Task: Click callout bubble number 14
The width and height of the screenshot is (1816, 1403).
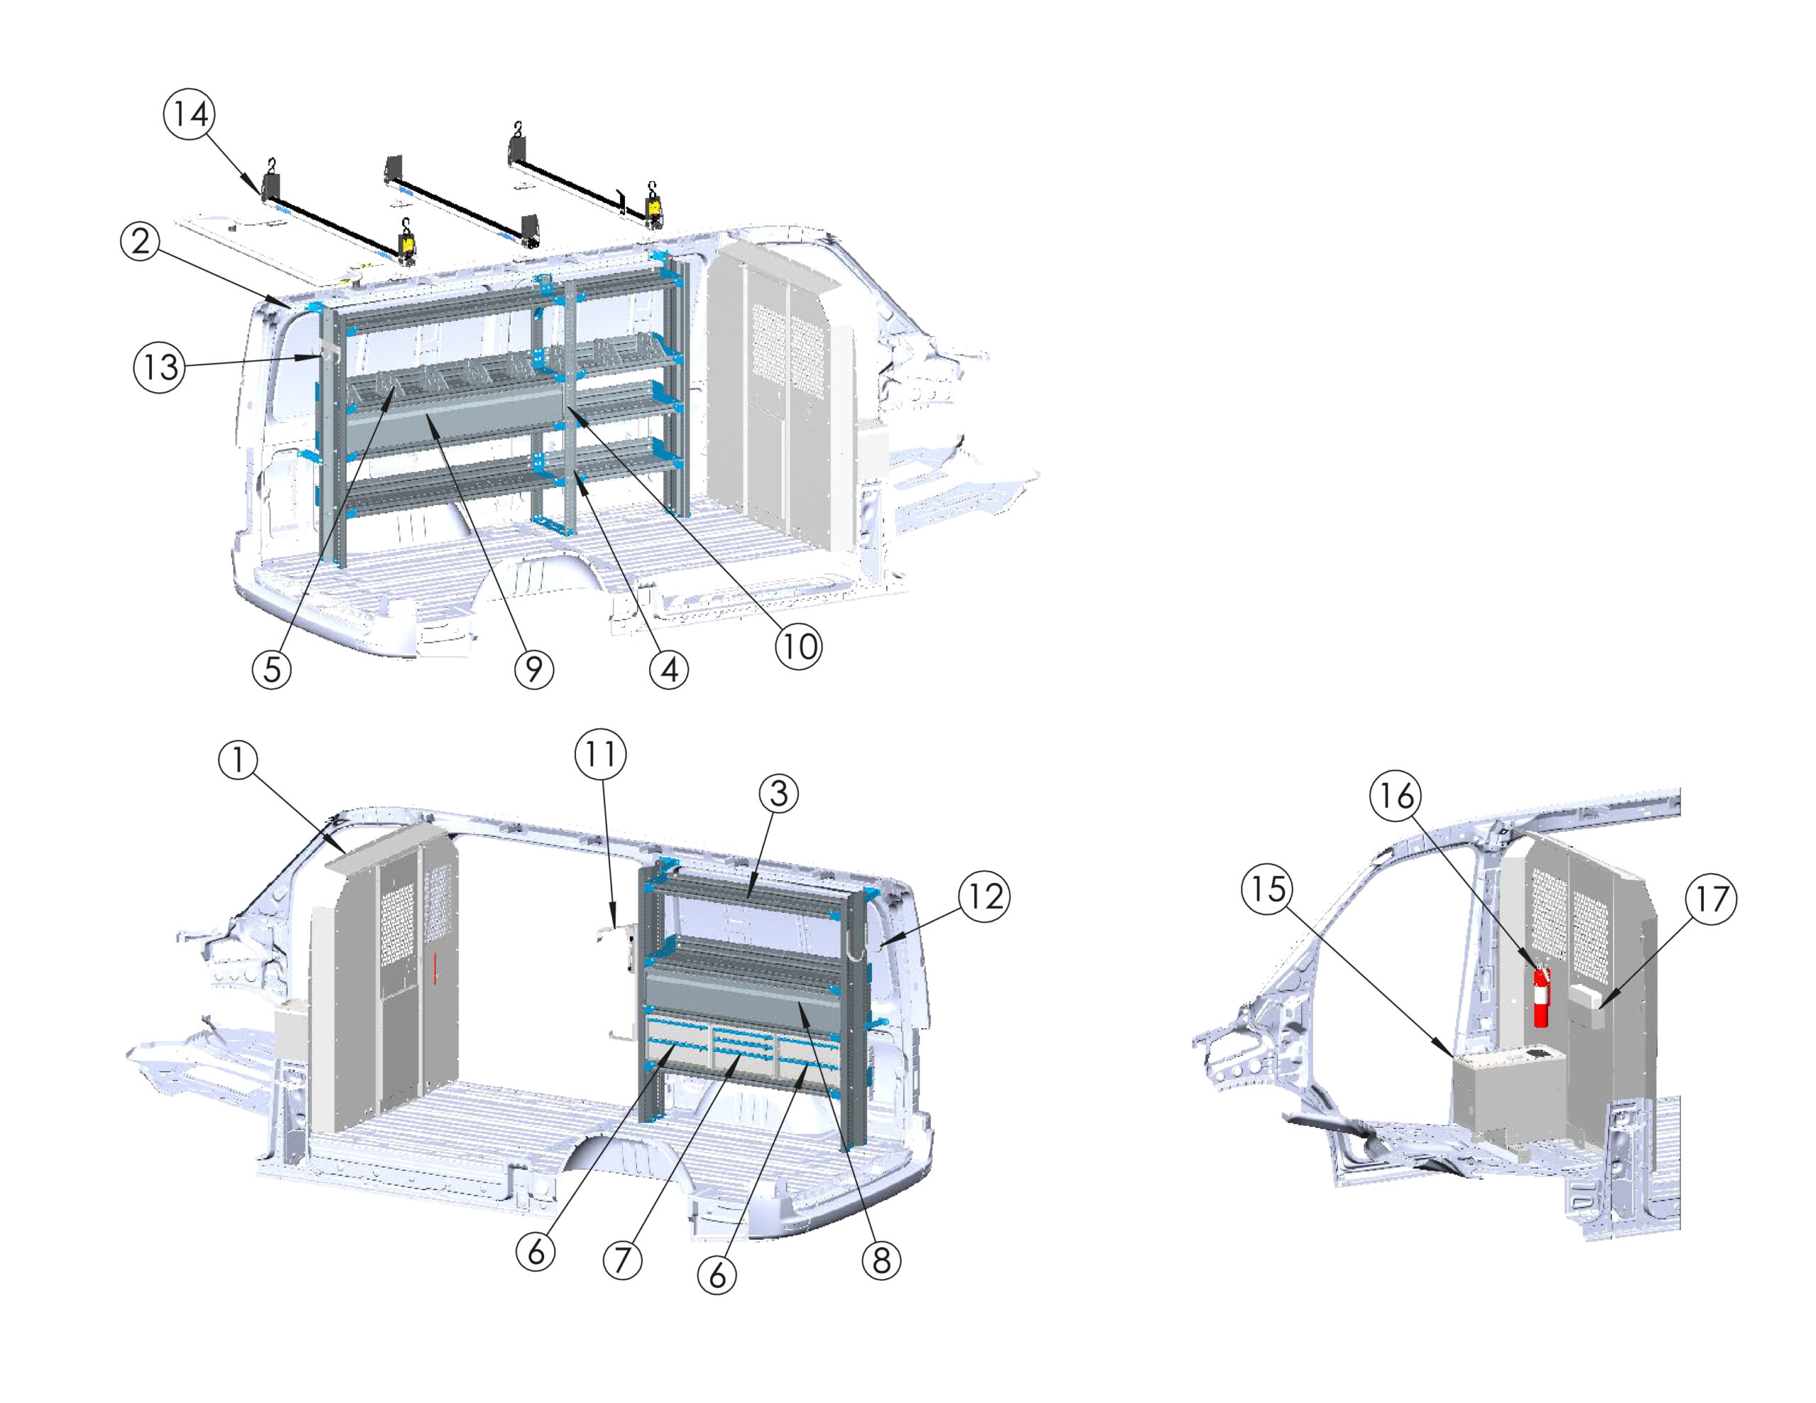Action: pyautogui.click(x=189, y=114)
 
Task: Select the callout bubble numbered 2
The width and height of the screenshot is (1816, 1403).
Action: pyautogui.click(x=140, y=241)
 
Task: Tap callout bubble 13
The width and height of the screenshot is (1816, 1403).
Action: pyautogui.click(x=160, y=367)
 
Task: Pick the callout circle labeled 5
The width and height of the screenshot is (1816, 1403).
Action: pyautogui.click(x=272, y=669)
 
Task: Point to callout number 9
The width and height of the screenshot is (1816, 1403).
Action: pyautogui.click(x=534, y=669)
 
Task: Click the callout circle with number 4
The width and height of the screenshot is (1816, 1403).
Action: pyautogui.click(x=670, y=669)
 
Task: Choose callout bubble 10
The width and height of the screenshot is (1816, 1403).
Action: pyautogui.click(x=799, y=646)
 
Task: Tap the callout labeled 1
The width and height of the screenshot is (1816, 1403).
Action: pyautogui.click(x=238, y=760)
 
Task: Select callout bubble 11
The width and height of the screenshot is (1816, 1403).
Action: pyautogui.click(x=601, y=754)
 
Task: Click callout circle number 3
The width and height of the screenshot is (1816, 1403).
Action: pyautogui.click(x=779, y=794)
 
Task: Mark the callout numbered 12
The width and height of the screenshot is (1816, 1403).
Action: pyautogui.click(x=985, y=897)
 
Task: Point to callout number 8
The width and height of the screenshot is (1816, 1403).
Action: pyautogui.click(x=881, y=1261)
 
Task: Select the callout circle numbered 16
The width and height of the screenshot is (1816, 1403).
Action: pyautogui.click(x=1396, y=796)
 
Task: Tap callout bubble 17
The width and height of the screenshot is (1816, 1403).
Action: pyautogui.click(x=1711, y=899)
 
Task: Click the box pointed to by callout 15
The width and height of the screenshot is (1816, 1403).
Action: pyautogui.click(x=1507, y=1099)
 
